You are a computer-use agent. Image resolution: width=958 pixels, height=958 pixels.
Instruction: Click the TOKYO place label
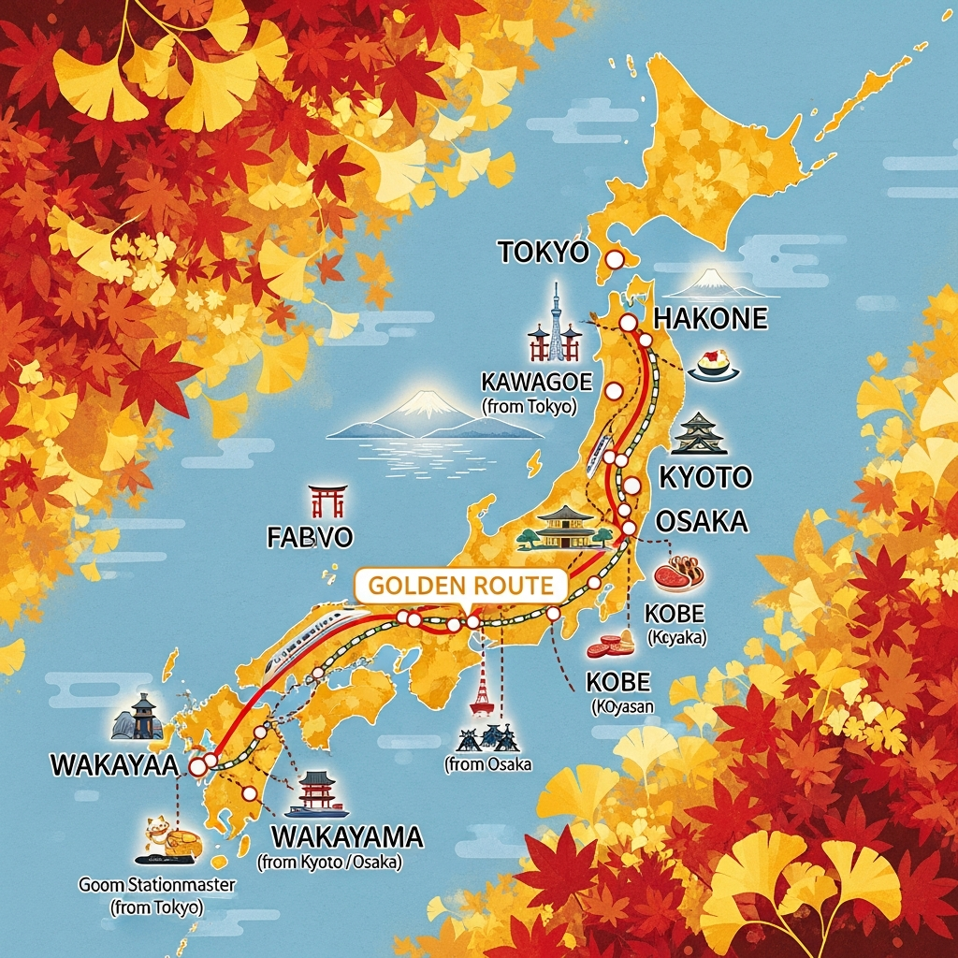click(543, 252)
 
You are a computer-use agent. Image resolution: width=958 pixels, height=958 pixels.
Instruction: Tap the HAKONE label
click(710, 318)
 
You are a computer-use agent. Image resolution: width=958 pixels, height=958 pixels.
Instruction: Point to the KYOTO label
click(705, 477)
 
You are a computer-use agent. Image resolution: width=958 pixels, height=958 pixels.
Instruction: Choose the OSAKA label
click(702, 521)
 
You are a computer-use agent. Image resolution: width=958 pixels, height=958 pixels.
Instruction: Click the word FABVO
click(310, 538)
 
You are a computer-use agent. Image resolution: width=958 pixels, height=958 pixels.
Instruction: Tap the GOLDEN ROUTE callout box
click(461, 587)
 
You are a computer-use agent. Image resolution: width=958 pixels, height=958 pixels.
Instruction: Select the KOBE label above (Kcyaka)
click(675, 614)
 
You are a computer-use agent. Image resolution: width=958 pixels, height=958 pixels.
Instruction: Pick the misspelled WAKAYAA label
click(113, 764)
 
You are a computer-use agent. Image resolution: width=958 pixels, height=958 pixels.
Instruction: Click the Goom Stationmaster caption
click(156, 884)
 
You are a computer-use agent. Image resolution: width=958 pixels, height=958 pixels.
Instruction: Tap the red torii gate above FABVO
click(328, 501)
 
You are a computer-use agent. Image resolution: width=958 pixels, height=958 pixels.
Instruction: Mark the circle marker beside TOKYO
click(615, 259)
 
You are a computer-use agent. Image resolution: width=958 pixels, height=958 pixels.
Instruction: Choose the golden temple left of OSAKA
click(565, 527)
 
